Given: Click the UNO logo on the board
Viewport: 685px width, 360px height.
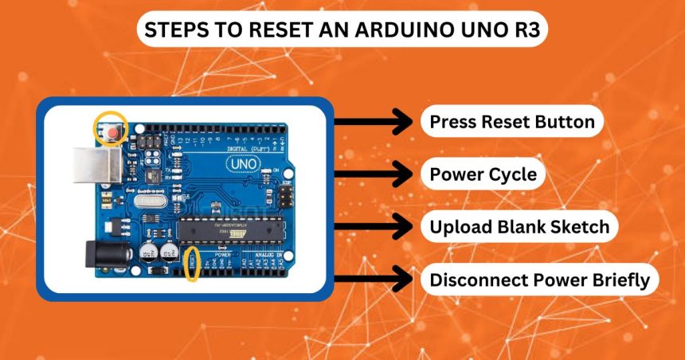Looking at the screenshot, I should (242, 163).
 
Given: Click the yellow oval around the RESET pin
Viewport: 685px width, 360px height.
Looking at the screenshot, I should (192, 264).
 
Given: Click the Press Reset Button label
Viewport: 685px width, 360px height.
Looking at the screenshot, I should (511, 123).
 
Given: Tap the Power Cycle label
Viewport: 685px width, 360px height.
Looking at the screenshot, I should (483, 174).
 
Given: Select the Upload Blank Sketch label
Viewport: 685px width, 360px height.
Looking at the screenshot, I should (519, 227).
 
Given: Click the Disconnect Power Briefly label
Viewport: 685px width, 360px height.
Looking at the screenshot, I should (539, 280).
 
